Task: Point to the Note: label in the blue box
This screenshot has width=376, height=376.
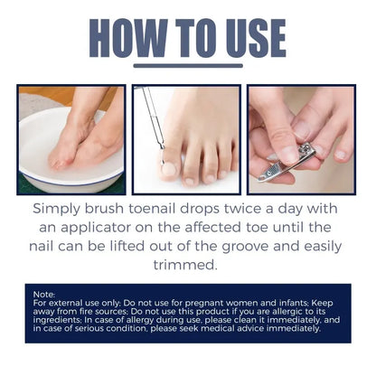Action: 43,295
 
